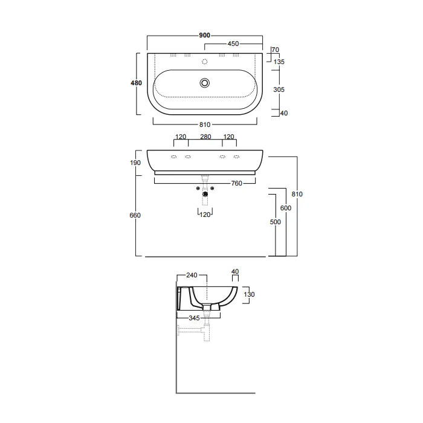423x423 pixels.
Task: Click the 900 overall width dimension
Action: click(204, 35)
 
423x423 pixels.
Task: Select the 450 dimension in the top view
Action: click(233, 44)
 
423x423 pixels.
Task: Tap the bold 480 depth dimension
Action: click(136, 83)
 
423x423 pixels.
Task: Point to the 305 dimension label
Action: click(279, 89)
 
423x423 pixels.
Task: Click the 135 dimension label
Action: click(279, 62)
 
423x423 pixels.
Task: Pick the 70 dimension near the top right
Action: click(276, 50)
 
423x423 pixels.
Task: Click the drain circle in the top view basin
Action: click(205, 83)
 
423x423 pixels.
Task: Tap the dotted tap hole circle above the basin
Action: click(205, 62)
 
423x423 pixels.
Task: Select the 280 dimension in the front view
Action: click(205, 137)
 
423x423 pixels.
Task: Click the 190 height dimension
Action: click(135, 163)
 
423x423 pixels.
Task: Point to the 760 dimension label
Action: click(237, 184)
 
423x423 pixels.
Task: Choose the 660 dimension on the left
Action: click(135, 215)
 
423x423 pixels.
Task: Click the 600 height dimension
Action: click(286, 208)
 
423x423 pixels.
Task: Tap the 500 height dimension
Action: click(275, 222)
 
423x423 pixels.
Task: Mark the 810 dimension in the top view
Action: click(205, 124)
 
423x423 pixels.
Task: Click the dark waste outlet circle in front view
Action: click(205, 194)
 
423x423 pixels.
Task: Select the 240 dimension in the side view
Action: click(192, 276)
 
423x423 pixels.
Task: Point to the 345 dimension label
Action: click(194, 318)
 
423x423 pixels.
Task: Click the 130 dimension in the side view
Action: click(249, 294)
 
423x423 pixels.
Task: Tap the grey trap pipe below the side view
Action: click(194, 331)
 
